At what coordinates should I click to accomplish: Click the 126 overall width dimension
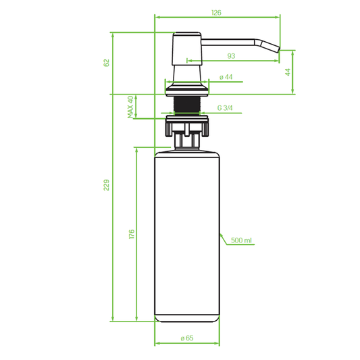click(217, 12)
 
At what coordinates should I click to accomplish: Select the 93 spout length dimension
click(231, 56)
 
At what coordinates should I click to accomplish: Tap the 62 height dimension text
click(107, 63)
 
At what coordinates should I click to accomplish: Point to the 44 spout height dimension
click(288, 72)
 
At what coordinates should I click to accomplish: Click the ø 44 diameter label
click(226, 77)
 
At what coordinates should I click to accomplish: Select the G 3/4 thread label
click(226, 108)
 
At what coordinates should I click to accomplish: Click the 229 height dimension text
click(107, 184)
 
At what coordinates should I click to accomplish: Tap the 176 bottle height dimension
click(132, 234)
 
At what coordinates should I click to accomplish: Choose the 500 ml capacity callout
click(241, 240)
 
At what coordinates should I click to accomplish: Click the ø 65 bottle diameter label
click(187, 338)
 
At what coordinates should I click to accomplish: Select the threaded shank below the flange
click(187, 104)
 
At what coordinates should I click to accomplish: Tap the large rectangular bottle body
click(188, 236)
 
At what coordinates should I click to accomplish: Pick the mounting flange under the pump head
click(187, 87)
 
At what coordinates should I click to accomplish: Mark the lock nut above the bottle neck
click(187, 124)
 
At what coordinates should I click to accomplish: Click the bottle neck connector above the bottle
click(187, 140)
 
